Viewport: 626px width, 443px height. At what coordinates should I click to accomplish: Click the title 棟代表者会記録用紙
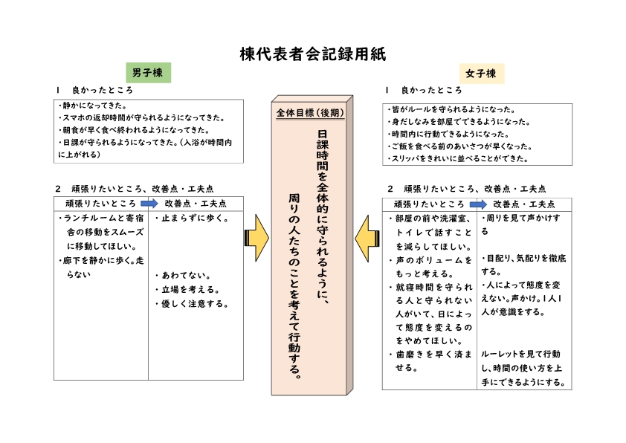click(313, 54)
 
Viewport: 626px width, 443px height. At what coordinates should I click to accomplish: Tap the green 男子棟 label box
click(148, 72)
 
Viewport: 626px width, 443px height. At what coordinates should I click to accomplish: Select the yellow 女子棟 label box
click(480, 73)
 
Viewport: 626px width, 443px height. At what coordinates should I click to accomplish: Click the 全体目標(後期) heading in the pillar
click(311, 114)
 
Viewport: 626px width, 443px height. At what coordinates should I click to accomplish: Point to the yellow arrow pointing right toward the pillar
click(256, 238)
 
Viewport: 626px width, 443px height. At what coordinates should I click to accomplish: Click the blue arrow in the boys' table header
click(150, 203)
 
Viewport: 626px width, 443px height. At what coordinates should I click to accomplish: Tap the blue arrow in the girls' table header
click(477, 204)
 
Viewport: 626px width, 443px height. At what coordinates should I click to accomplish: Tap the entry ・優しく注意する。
click(191, 303)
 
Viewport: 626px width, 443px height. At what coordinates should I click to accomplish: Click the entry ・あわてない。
click(183, 275)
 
